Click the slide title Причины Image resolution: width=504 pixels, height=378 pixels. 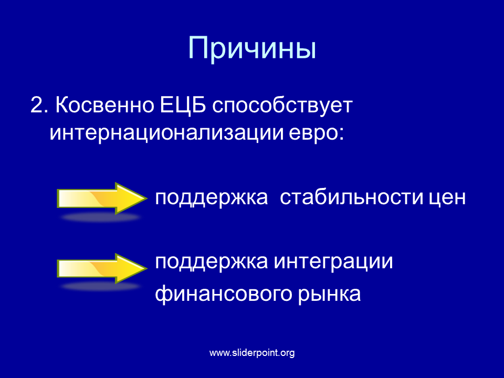click(252, 49)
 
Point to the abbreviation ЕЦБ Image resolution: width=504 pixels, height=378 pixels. click(183, 105)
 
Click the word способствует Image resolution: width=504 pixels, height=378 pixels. click(282, 105)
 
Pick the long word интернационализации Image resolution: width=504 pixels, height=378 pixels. click(166, 132)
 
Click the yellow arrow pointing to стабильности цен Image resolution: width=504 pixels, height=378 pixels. click(102, 198)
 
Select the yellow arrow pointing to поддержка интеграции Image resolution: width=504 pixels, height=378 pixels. click(102, 268)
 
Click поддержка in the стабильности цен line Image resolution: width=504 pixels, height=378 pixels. click(212, 198)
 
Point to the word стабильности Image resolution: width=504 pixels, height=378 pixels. click(352, 197)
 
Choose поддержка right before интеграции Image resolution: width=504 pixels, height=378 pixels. click(212, 262)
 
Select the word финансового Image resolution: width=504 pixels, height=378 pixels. click(224, 293)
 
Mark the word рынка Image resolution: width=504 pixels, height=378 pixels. click(329, 295)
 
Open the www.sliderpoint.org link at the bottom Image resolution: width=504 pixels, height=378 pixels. click(252, 353)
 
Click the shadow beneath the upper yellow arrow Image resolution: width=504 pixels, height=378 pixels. click(101, 217)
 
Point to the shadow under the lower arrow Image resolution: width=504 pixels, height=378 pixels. click(101, 287)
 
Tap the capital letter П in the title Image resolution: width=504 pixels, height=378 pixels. click(198, 48)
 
